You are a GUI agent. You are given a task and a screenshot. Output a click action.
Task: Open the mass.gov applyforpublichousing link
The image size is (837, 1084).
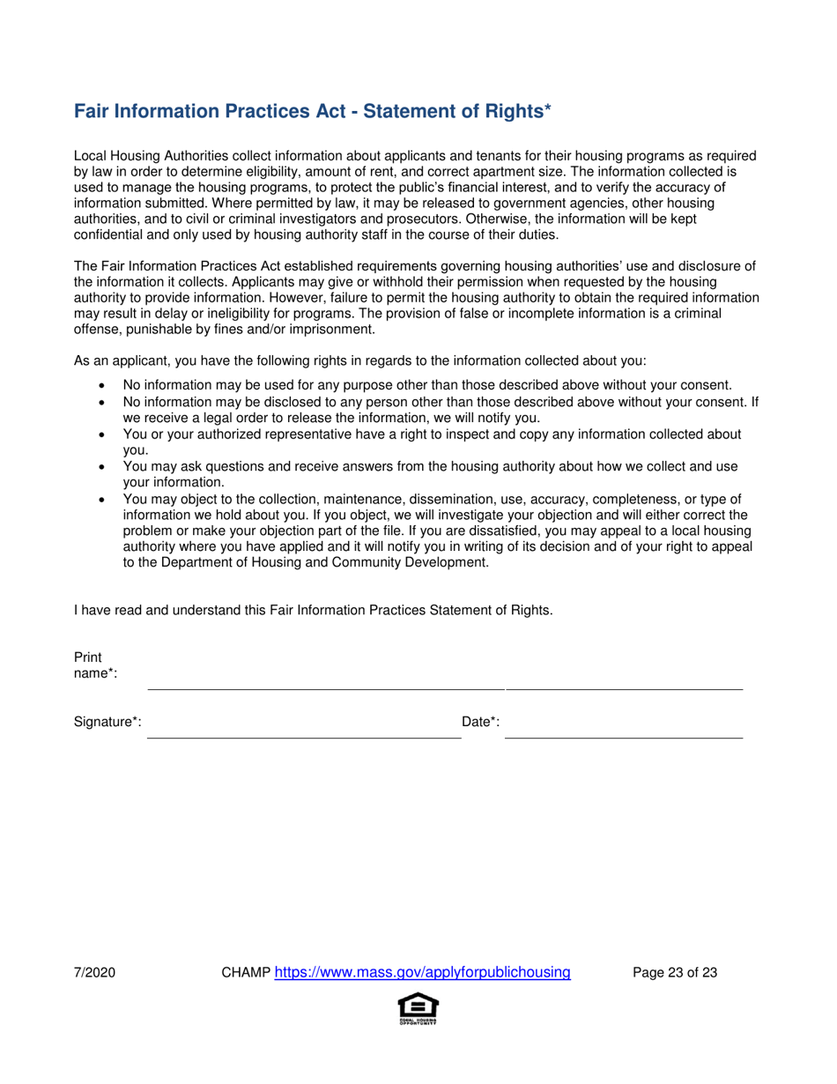[x=422, y=973]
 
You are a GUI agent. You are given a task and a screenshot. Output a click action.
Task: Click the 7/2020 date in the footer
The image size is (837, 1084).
[x=95, y=973]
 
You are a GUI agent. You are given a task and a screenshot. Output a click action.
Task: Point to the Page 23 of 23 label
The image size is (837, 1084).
[x=675, y=973]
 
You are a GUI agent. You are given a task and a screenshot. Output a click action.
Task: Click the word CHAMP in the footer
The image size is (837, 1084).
[x=246, y=973]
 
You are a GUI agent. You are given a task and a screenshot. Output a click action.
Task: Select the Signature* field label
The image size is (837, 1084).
[x=107, y=722]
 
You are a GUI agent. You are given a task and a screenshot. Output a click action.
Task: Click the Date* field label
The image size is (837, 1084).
[x=481, y=722]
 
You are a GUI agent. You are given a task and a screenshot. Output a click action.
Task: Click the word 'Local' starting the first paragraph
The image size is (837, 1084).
[x=91, y=155]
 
